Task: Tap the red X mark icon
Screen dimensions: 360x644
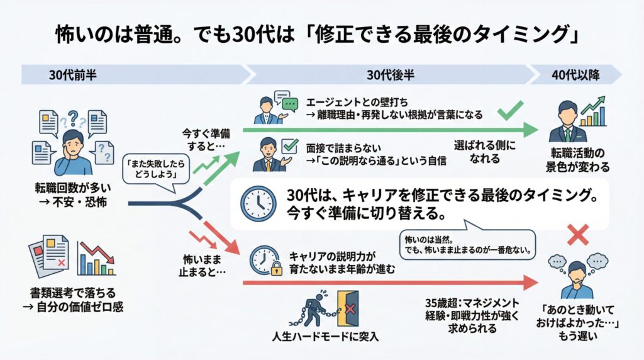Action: pos(577,235)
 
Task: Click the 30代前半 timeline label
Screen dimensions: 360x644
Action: pos(73,75)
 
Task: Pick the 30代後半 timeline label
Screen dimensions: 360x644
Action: pos(391,75)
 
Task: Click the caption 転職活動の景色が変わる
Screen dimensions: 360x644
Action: pos(577,160)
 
